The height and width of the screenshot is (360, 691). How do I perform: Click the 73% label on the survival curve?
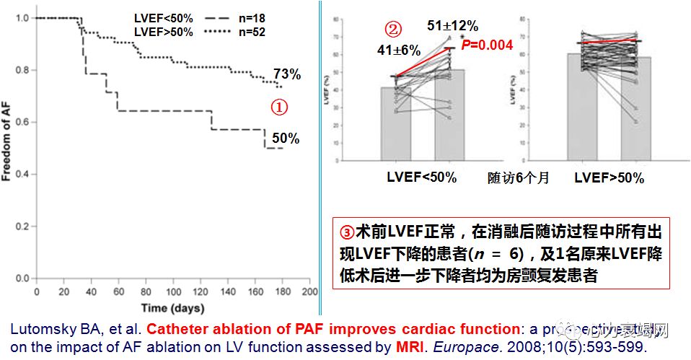[x=286, y=75]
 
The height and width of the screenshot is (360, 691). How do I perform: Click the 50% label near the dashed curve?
[x=286, y=139]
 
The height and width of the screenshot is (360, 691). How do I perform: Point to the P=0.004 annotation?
[x=487, y=45]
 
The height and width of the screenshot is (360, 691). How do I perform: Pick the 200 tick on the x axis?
[x=309, y=291]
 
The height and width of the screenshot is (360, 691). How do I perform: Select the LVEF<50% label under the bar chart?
[x=421, y=177]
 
